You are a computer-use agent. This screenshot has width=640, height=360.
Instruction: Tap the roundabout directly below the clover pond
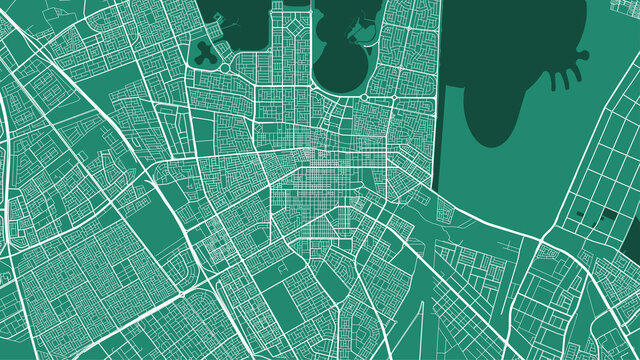(219, 69)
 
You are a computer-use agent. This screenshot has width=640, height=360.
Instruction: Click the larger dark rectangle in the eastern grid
(608, 214)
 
